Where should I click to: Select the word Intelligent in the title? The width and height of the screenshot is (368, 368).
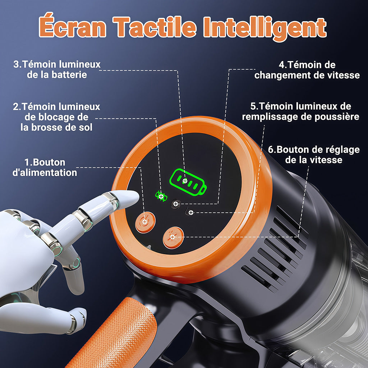tap(265, 27)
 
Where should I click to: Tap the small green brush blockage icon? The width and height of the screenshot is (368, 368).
tap(160, 195)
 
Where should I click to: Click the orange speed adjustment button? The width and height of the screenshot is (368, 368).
tap(173, 237)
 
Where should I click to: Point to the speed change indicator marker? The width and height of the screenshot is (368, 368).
tap(175, 204)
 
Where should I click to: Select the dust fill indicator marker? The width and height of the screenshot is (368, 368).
tap(191, 213)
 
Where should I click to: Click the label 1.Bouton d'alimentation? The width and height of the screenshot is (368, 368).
tap(45, 167)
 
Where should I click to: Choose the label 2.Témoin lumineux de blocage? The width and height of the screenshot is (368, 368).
tap(56, 117)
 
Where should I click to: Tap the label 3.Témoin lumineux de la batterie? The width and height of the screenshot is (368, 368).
tap(57, 70)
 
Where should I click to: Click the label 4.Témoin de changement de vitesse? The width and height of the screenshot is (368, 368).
tap(307, 70)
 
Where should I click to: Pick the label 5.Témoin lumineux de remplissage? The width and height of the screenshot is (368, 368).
tap(300, 111)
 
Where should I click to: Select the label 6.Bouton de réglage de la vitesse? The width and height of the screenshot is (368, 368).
tap(314, 154)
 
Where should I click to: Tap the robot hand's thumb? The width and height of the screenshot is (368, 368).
tap(77, 316)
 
